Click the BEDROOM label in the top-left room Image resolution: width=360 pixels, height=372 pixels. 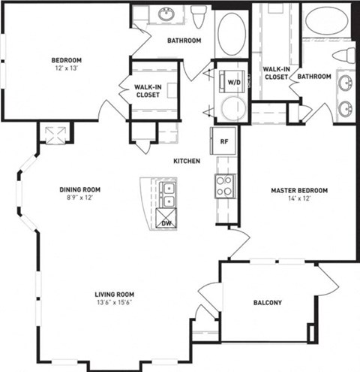pos(66,60)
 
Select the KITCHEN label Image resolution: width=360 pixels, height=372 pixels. pos(186,161)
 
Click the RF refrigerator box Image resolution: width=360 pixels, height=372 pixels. pos(224,140)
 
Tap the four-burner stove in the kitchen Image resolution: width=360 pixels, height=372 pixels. pos(225,185)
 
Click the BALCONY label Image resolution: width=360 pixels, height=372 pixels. pos(267,303)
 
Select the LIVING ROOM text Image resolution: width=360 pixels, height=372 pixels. pos(114,294)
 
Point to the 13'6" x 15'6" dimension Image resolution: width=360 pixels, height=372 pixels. pos(114,303)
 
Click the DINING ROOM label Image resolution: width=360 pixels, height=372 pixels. pos(79,189)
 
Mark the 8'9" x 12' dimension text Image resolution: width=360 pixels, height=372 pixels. pos(79,198)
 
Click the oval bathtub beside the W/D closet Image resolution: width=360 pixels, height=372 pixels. pos(229,33)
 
